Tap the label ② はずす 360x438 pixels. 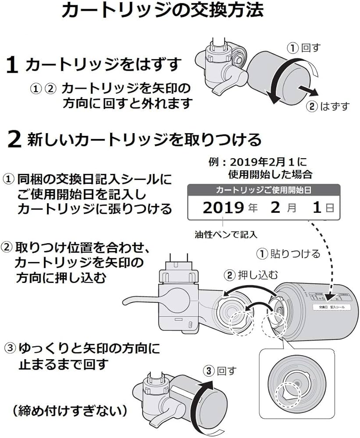coord(329,106)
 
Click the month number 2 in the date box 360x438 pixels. coord(275,207)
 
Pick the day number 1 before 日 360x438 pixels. coord(317,207)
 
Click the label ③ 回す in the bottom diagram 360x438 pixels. coord(220,371)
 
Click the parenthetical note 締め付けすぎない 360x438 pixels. coord(70,410)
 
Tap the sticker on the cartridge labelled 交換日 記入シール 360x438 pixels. coord(328,308)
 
